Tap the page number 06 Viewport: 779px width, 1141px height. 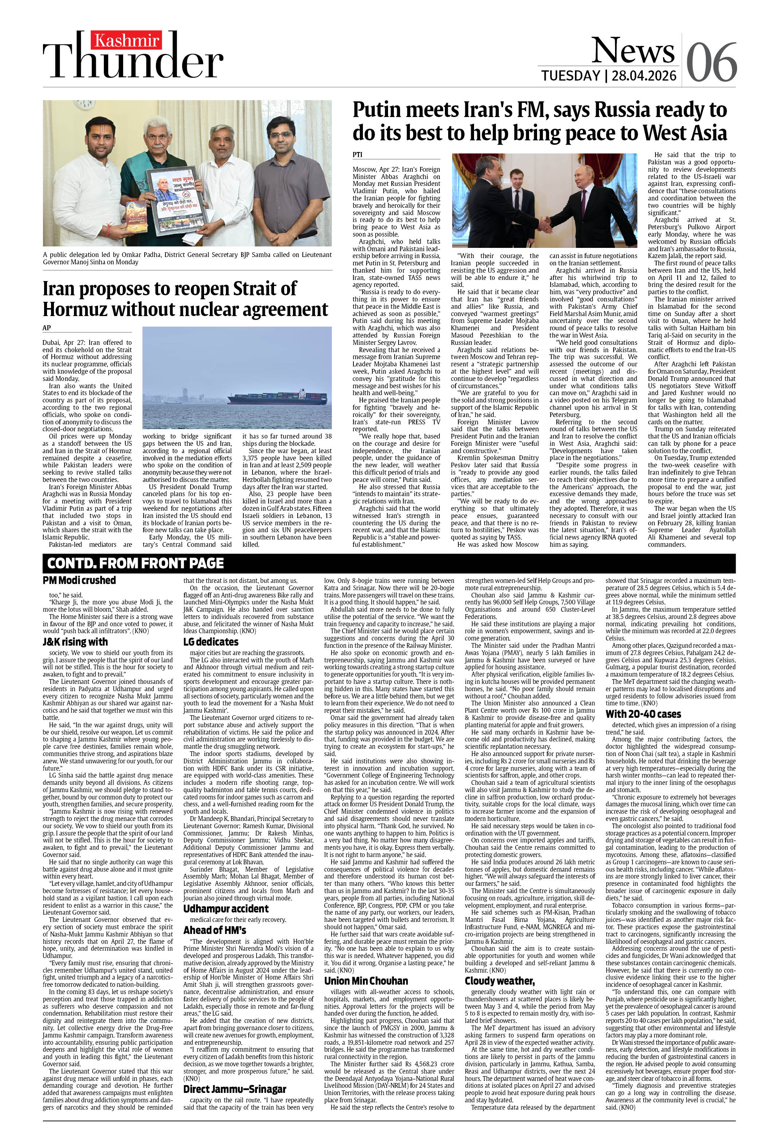tap(711, 62)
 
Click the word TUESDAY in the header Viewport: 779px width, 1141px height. tap(570, 75)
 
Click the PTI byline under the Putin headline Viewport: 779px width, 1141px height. tap(358, 155)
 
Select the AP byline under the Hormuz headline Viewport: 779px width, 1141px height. tap(47, 327)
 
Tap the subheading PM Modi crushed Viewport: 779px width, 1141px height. tap(79, 580)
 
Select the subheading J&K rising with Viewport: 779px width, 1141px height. tap(75, 642)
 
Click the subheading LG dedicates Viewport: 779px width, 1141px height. tap(211, 642)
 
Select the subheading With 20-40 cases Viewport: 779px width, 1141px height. tap(643, 714)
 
